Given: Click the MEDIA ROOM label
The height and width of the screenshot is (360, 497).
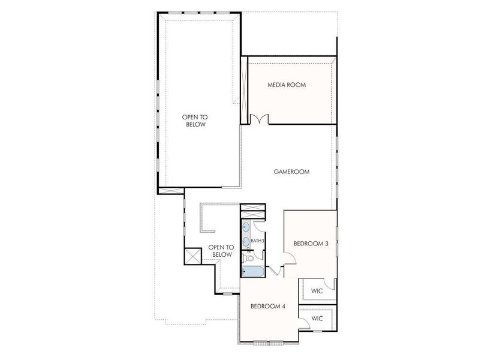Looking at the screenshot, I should point(286,85).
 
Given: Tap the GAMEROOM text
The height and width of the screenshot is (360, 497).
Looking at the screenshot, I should point(291,172).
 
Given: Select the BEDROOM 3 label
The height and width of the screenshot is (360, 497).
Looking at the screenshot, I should point(311,244).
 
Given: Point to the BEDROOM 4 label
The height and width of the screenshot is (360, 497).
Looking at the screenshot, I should point(267,306).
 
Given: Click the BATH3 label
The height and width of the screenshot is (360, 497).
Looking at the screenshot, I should point(257,241).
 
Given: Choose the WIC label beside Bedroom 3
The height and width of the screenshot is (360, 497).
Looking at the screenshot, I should point(317,291).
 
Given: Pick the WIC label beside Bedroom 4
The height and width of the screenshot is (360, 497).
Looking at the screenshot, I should point(317,318).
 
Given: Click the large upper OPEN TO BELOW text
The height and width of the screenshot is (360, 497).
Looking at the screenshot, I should point(194,121).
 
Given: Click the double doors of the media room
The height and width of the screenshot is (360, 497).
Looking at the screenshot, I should point(259,119).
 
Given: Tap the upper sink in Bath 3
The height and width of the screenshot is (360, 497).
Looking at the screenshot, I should point(246,228).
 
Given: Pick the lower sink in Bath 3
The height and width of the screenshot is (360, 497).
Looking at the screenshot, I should point(246,242).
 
